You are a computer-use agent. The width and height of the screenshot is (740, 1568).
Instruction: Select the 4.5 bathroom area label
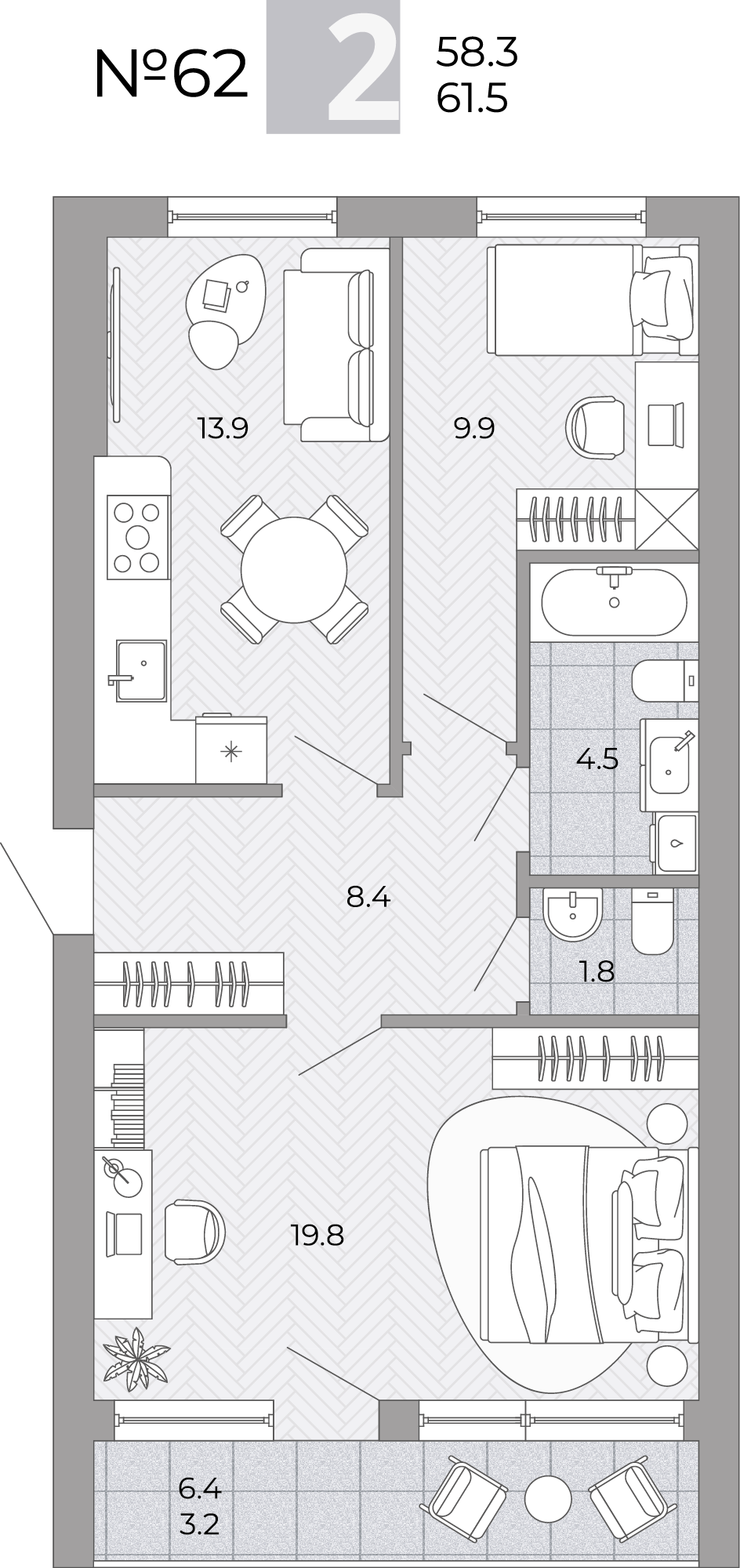597,758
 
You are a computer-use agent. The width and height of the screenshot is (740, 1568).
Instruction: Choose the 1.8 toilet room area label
597,971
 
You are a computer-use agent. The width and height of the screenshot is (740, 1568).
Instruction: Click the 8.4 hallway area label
368,896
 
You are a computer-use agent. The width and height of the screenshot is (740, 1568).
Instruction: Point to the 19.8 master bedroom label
317,1236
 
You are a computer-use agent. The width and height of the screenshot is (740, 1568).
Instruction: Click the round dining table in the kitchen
295,570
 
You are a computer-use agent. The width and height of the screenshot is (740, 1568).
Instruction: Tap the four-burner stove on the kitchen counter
137,537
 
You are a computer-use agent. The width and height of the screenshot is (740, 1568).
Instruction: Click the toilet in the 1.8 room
652,921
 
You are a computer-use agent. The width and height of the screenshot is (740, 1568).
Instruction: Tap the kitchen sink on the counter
141,670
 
